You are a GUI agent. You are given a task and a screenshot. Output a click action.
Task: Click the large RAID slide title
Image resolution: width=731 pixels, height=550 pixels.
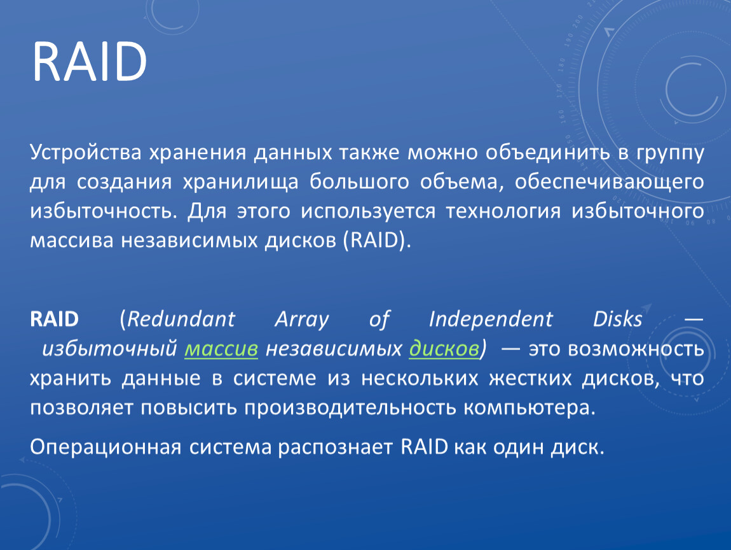[x=90, y=62]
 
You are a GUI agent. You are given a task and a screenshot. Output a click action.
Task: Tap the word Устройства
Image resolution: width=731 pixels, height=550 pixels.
[x=85, y=153]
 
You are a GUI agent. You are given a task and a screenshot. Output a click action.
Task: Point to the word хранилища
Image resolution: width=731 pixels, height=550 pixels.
[x=240, y=182]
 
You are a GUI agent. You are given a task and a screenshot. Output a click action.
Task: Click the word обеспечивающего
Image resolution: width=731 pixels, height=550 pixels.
[x=610, y=182]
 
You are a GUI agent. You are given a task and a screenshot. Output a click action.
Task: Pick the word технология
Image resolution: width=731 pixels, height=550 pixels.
[x=503, y=211]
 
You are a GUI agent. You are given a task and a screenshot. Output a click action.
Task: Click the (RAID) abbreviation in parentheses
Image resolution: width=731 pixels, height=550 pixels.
[x=377, y=241]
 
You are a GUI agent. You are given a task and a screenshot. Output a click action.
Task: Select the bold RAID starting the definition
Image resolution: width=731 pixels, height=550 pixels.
[x=54, y=320]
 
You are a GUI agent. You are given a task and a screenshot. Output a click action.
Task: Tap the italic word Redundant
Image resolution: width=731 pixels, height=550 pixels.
[x=181, y=320]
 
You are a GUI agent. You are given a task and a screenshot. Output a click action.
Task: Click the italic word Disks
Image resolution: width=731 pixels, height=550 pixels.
[x=618, y=320]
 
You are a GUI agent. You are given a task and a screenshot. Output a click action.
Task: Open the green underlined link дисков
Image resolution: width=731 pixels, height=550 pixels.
[x=444, y=349]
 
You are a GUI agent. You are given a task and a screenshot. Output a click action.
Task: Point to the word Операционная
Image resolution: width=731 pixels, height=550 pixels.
[x=106, y=448]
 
